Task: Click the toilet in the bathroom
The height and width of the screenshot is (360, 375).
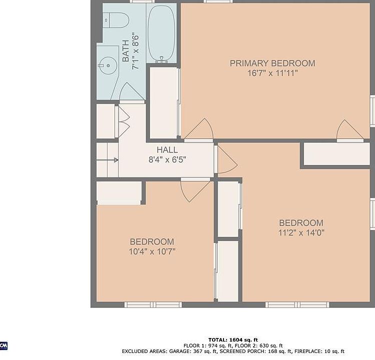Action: click(x=116, y=20)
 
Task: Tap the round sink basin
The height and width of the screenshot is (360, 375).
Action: click(x=108, y=65)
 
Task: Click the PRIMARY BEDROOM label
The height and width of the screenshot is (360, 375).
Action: click(x=272, y=63)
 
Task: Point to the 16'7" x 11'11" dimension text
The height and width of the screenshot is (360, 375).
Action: click(x=272, y=73)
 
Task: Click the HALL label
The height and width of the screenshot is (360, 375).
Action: click(x=167, y=150)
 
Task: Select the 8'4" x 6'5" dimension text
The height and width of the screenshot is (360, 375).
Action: click(x=167, y=159)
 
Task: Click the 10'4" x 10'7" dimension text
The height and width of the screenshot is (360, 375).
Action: click(x=152, y=251)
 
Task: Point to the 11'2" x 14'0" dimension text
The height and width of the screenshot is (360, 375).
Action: click(x=301, y=232)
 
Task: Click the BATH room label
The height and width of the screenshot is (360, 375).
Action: click(x=125, y=51)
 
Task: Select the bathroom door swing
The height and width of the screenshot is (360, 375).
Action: click(x=131, y=91)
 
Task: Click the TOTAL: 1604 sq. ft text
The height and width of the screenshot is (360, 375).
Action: click(x=233, y=340)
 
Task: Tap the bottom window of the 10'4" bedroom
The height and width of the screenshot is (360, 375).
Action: click(x=153, y=304)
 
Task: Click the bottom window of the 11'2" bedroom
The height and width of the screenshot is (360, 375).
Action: click(x=297, y=304)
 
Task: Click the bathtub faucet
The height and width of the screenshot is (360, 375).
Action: click(x=161, y=59)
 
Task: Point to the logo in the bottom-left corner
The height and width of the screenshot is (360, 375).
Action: click(x=3, y=346)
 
